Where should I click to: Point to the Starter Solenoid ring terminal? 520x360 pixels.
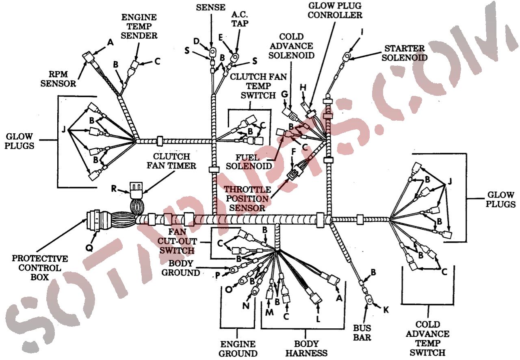pyautogui.click(x=347, y=56)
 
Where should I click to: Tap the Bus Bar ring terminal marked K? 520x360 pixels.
pyautogui.click(x=369, y=301)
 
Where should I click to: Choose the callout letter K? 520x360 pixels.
pyautogui.click(x=386, y=310)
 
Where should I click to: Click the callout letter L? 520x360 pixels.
pyautogui.click(x=318, y=319)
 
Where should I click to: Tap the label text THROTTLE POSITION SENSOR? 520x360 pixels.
pyautogui.click(x=247, y=199)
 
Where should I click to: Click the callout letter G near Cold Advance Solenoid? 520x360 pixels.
pyautogui.click(x=284, y=94)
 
